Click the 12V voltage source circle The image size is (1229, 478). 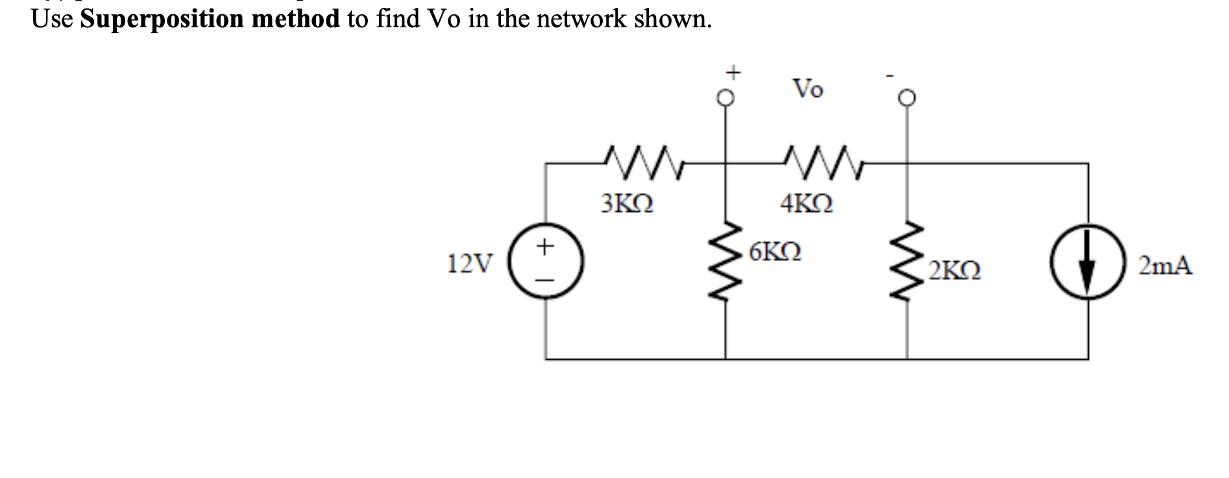(x=545, y=263)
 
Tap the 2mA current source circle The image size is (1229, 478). (x=1088, y=263)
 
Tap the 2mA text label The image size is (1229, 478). (x=1165, y=266)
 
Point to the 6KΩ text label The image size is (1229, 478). (x=775, y=251)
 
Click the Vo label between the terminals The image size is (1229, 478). (x=808, y=88)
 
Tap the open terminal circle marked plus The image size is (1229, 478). (x=725, y=98)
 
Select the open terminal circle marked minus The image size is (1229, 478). (x=907, y=98)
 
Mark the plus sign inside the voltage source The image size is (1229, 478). (x=546, y=246)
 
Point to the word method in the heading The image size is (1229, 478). (x=295, y=19)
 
